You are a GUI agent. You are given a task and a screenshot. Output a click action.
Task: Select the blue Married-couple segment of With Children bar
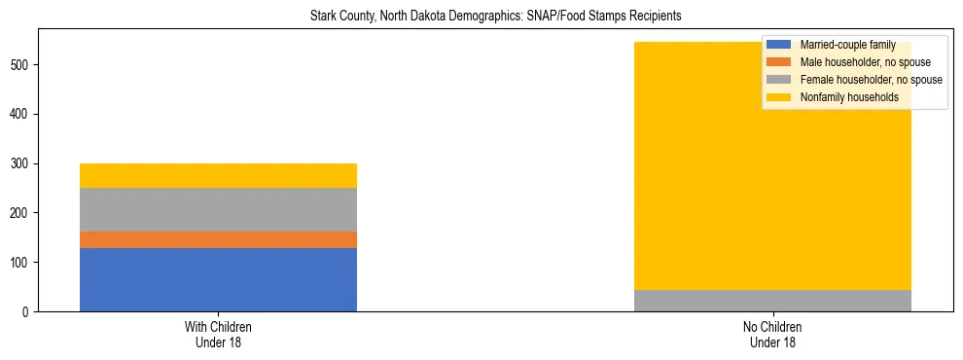pos(218,279)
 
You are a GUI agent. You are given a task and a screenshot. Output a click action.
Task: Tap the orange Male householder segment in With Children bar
pos(218,239)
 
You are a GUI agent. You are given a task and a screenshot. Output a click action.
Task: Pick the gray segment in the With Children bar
pos(218,209)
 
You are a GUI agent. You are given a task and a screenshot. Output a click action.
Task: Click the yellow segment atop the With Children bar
pos(218,175)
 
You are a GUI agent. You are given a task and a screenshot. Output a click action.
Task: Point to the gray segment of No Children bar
pos(772,301)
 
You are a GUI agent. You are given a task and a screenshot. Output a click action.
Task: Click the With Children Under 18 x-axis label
pos(218,334)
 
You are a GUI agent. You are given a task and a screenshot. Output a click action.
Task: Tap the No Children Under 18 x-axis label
pos(772,334)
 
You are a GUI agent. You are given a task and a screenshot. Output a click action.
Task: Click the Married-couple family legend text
pos(848,45)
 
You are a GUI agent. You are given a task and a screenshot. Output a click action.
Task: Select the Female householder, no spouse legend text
pos(871,80)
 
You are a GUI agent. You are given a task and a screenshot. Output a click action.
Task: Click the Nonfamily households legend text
pos(849,97)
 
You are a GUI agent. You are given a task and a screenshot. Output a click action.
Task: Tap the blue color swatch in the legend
pos(779,45)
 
